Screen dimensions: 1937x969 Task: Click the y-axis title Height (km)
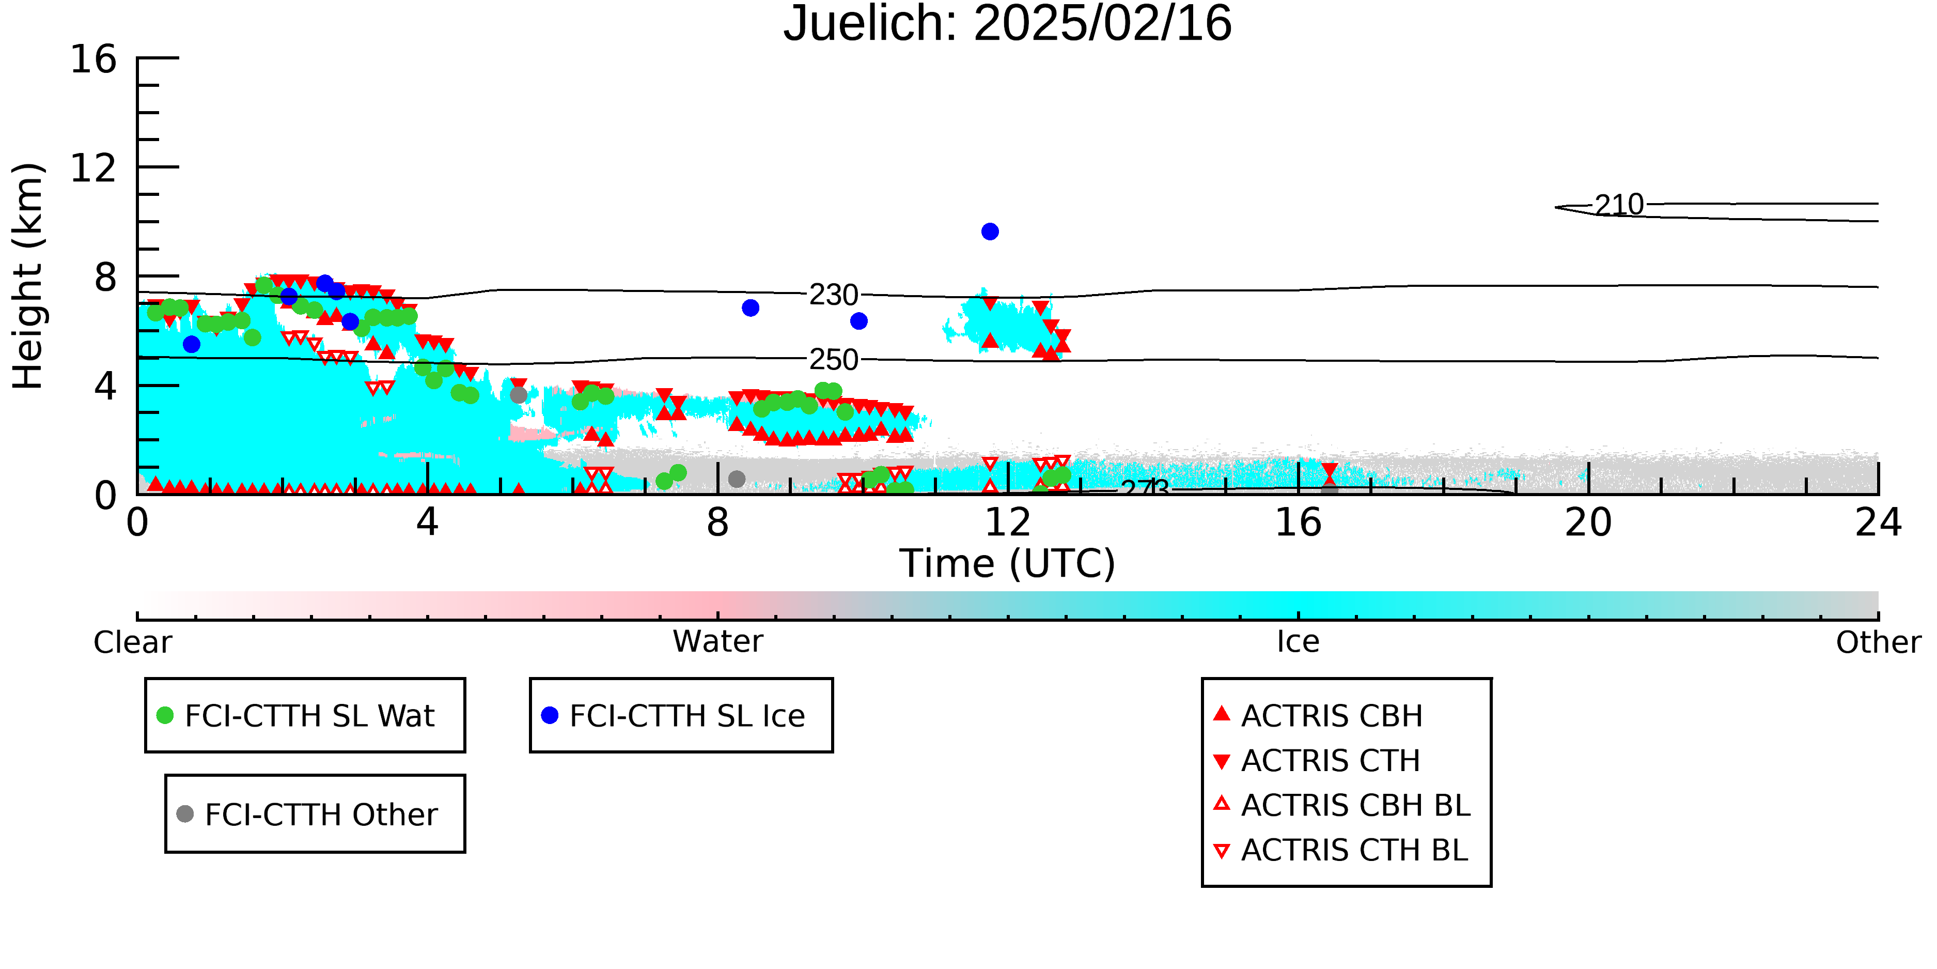(28, 276)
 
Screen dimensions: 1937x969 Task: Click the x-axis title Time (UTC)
(1008, 563)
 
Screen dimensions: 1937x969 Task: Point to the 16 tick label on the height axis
(93, 59)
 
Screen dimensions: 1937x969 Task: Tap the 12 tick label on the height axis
(93, 168)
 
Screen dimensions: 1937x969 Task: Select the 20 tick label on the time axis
(1588, 522)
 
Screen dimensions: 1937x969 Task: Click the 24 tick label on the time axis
(1878, 522)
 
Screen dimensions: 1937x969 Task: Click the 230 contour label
(833, 295)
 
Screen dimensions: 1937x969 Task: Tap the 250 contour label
(833, 360)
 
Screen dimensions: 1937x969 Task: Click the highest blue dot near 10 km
(990, 232)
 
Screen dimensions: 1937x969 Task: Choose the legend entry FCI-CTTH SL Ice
(674, 715)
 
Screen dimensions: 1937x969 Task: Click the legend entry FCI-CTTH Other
(307, 814)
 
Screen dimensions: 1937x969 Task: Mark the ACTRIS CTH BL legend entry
(1341, 850)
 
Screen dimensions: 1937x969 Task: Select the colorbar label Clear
(132, 642)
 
